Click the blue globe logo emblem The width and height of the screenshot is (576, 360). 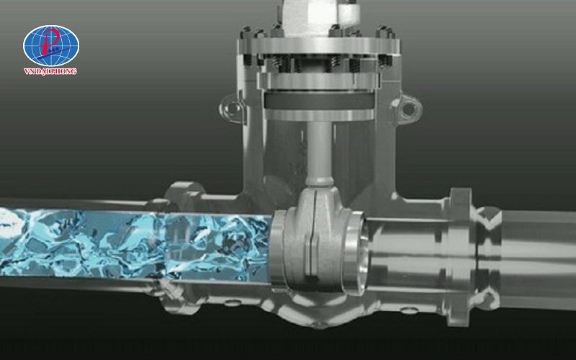pyautogui.click(x=51, y=46)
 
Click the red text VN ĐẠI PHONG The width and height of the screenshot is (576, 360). pyautogui.click(x=50, y=71)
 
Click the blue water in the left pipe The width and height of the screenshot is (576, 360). pyautogui.click(x=135, y=243)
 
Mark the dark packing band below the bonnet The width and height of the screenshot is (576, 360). pyautogui.click(x=319, y=100)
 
